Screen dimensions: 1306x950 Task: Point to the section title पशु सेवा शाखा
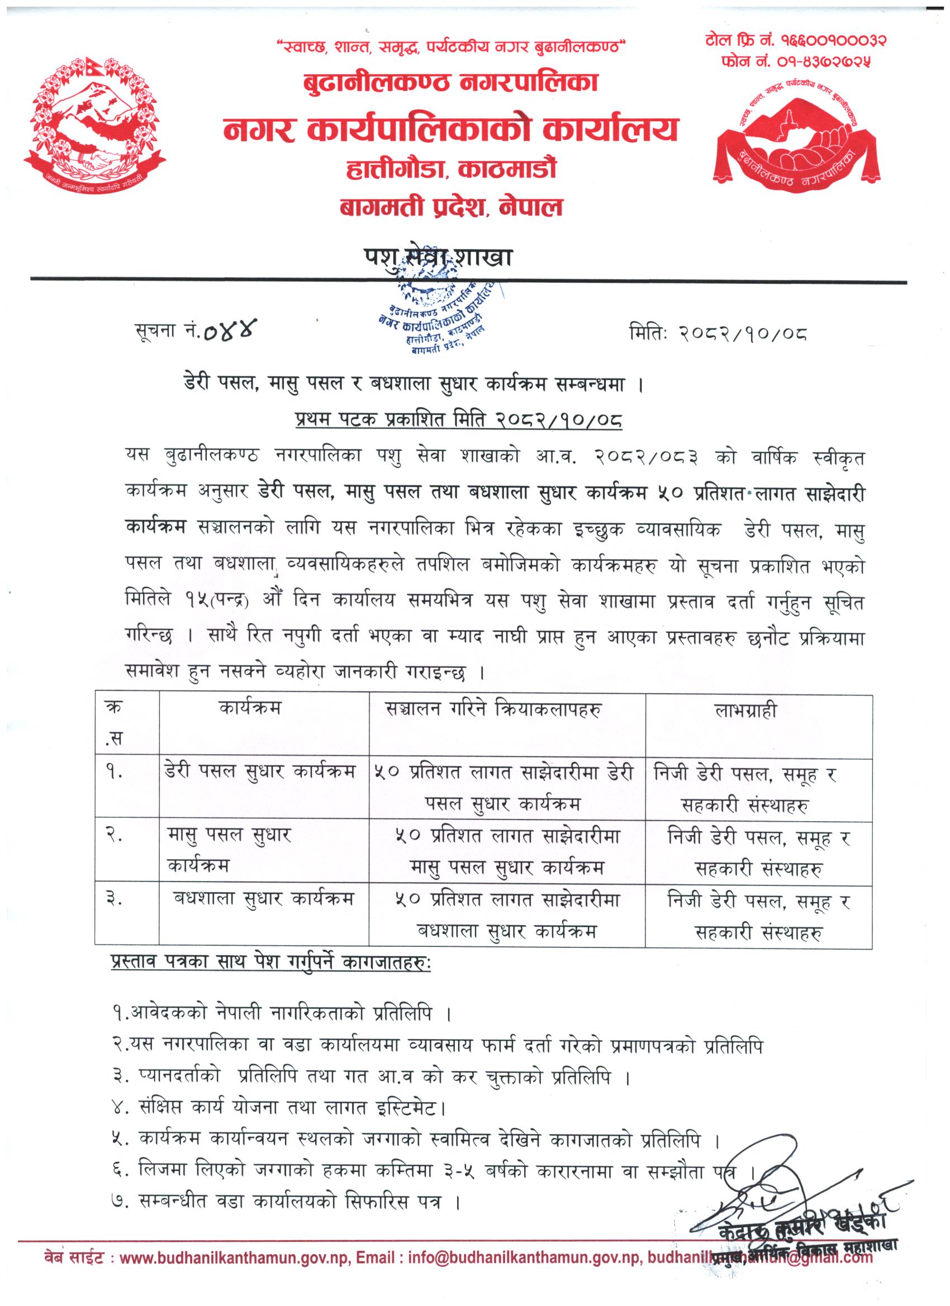coord(438,259)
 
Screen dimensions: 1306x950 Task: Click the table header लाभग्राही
coord(745,710)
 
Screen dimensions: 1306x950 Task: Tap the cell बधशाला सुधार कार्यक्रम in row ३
coord(263,899)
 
